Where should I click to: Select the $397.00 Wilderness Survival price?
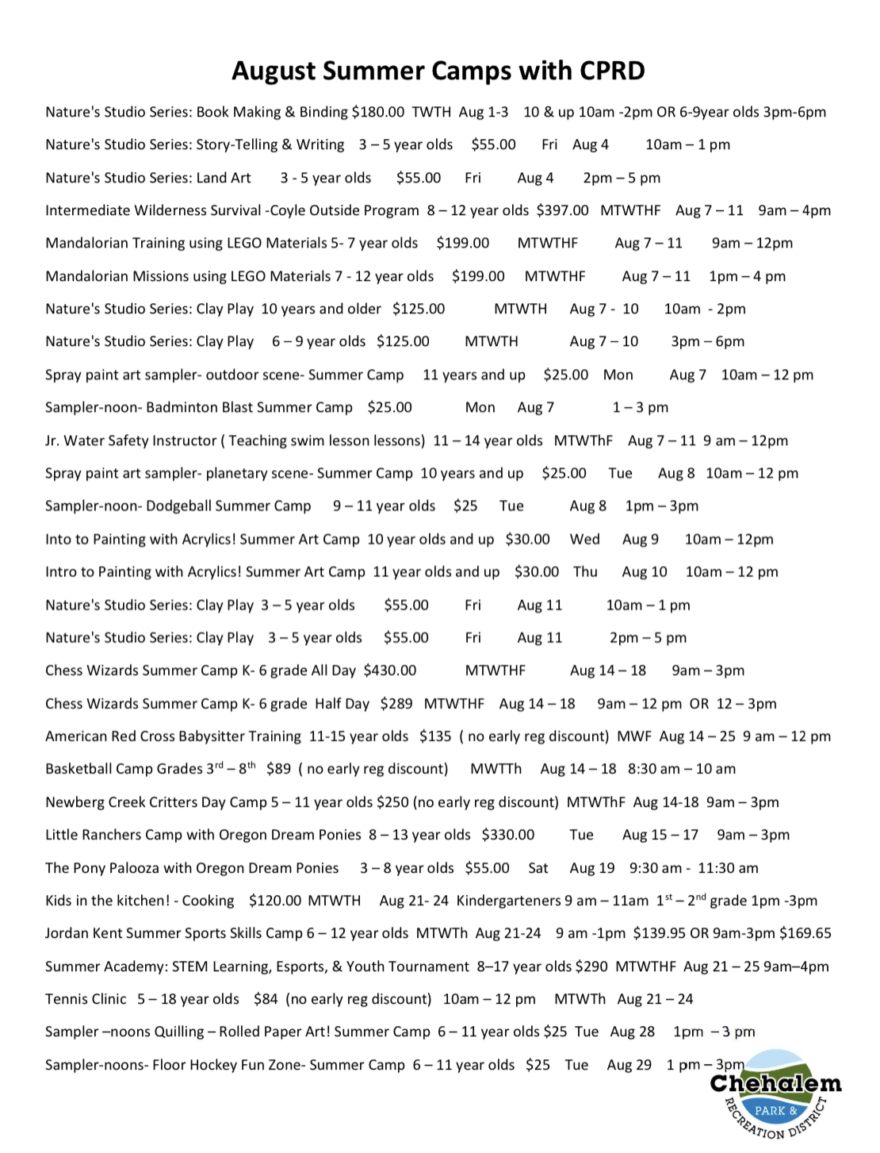tap(562, 210)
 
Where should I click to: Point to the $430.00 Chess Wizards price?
tap(389, 671)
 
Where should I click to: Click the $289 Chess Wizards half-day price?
tap(396, 704)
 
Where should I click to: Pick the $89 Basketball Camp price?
tap(278, 769)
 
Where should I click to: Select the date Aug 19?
tap(591, 868)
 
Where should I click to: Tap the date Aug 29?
tap(629, 1065)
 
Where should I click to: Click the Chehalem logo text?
tap(775, 1084)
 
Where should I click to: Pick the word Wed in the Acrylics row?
tap(584, 540)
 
